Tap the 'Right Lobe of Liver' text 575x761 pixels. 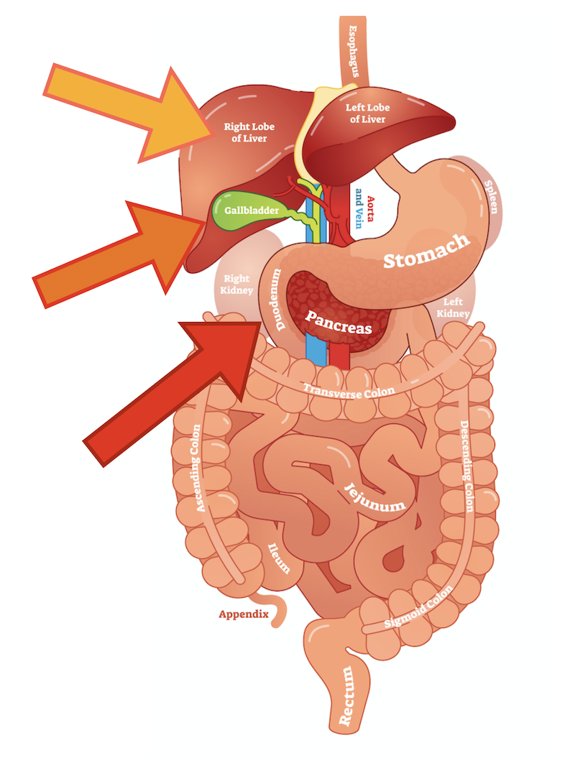coord(249,132)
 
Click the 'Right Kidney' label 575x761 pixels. coord(238,285)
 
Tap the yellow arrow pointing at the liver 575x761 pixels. coord(126,108)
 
